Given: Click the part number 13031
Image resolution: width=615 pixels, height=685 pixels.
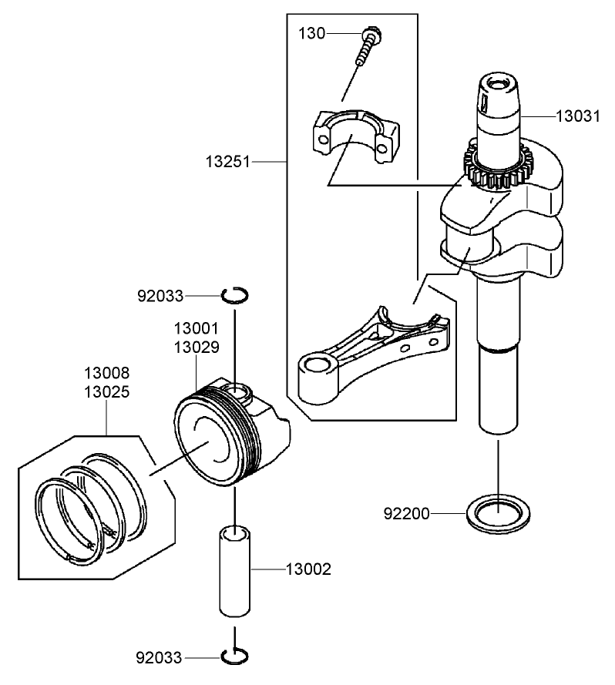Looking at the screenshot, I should point(578,116).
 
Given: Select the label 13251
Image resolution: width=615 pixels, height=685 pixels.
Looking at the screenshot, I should point(229,163).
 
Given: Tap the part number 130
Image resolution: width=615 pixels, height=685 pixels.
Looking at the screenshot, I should point(312,33).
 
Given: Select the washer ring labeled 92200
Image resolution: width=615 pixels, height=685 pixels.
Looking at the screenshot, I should point(497,512).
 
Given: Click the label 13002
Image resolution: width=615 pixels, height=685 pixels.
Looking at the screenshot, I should point(308,570).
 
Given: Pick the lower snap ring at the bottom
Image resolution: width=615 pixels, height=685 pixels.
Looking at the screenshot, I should point(234,656).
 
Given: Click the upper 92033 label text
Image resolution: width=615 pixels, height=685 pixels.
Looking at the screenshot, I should point(160,295).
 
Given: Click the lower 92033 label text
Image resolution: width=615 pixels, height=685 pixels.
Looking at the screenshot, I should point(160,657).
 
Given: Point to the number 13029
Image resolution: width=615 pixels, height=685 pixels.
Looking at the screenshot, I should point(197,347).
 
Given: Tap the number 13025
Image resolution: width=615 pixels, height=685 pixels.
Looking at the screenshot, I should point(106,391).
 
